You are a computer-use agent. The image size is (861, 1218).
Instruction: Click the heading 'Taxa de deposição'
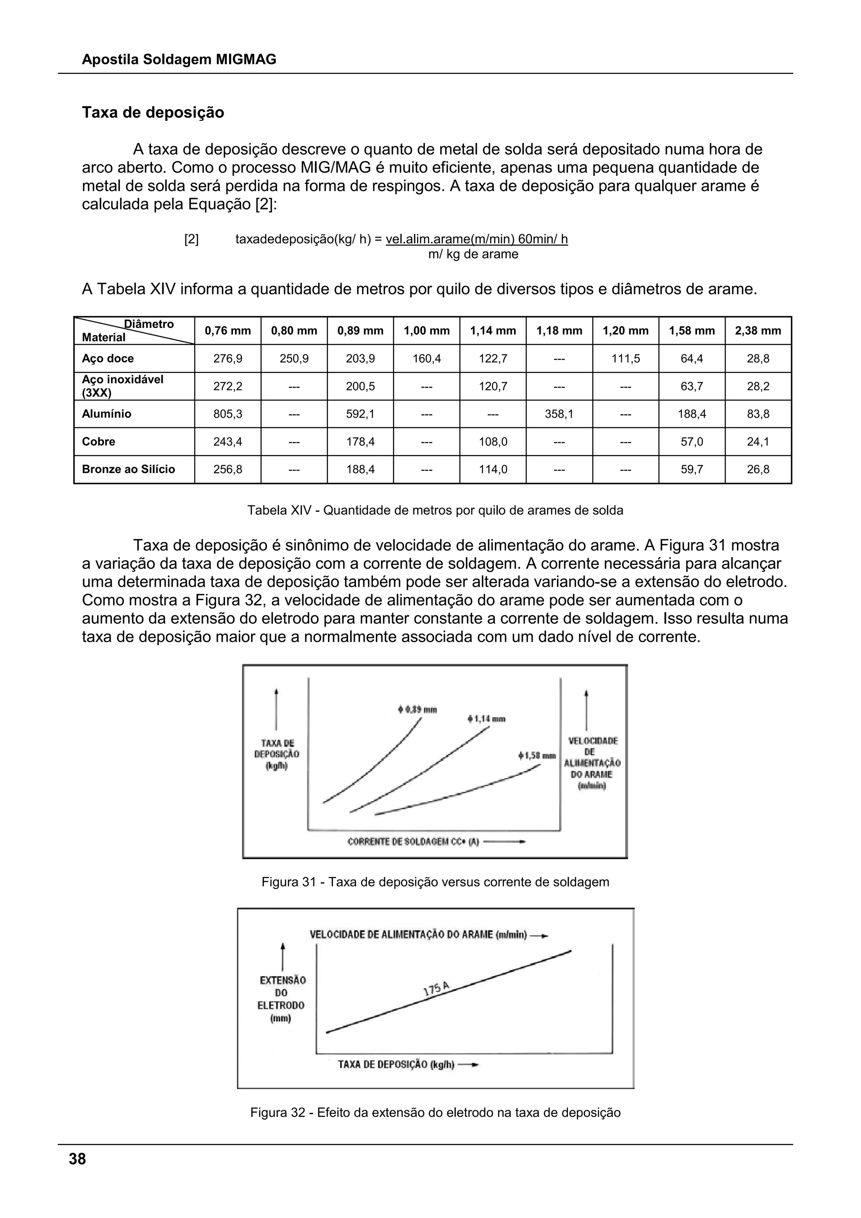(x=153, y=112)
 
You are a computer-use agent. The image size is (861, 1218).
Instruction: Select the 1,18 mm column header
(x=559, y=331)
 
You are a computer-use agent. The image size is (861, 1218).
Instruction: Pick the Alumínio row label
(x=106, y=414)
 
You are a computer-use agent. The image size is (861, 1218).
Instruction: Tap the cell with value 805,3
(x=227, y=414)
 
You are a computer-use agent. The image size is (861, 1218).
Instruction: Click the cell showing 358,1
(x=559, y=414)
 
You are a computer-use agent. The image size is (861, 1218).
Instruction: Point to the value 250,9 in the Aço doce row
(x=294, y=359)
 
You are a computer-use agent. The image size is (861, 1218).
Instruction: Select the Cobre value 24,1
(x=758, y=441)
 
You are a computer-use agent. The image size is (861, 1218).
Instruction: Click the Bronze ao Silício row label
(x=128, y=469)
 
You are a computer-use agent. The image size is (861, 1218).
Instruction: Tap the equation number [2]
(x=191, y=239)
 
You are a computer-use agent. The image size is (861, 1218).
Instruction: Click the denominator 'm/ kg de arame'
(x=473, y=254)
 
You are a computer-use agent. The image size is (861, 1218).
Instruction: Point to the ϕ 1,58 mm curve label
(x=536, y=755)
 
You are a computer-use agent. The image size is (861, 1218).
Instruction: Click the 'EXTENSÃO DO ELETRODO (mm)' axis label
(x=282, y=999)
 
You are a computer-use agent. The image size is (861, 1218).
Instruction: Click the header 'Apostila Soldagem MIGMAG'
(x=179, y=59)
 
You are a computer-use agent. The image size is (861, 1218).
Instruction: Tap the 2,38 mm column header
(x=758, y=331)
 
